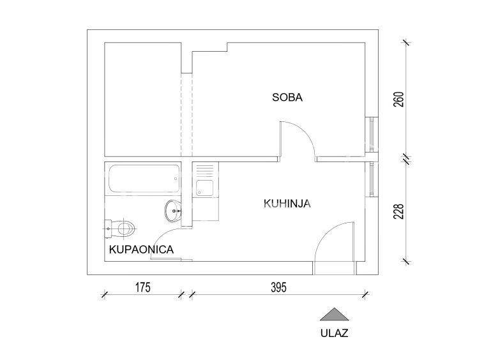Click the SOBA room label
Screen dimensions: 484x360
287,97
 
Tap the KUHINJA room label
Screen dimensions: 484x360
287,204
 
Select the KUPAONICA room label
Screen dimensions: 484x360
141,249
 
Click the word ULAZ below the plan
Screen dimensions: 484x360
335,333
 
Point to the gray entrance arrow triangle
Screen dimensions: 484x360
335,315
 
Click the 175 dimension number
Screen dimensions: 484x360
143,287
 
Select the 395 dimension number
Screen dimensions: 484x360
279,287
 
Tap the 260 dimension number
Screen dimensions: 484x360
399,100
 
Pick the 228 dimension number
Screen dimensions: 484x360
399,211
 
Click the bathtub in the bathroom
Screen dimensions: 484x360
144,179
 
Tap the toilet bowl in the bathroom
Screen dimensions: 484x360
126,229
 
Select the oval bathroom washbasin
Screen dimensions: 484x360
173,211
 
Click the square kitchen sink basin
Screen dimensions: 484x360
205,188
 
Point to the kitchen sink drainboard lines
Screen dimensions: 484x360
205,170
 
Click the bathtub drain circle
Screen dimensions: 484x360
176,179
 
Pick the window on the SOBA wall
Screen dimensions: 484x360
372,135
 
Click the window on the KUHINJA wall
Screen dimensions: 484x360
372,179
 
